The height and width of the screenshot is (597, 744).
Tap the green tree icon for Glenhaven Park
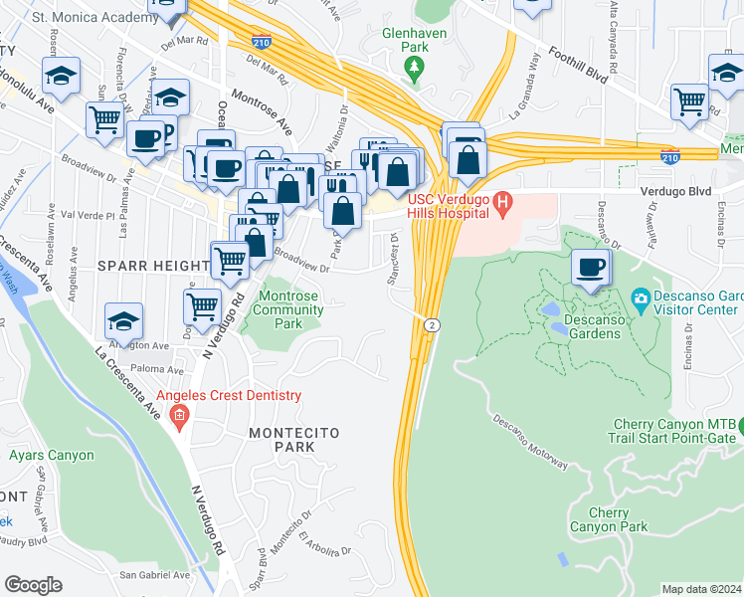(x=414, y=68)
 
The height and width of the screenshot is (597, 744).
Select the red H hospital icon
(x=502, y=206)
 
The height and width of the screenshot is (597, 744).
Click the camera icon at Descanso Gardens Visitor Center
(x=641, y=298)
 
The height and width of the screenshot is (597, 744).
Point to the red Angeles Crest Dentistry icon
(x=179, y=415)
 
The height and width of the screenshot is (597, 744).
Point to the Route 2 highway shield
(x=432, y=325)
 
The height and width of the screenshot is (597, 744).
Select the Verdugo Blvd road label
(x=679, y=190)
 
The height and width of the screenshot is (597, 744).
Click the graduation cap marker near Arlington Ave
(x=123, y=320)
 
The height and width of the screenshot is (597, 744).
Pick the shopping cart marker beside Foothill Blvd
(x=688, y=100)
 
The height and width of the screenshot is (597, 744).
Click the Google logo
(x=33, y=585)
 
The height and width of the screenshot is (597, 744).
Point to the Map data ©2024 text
(x=701, y=589)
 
